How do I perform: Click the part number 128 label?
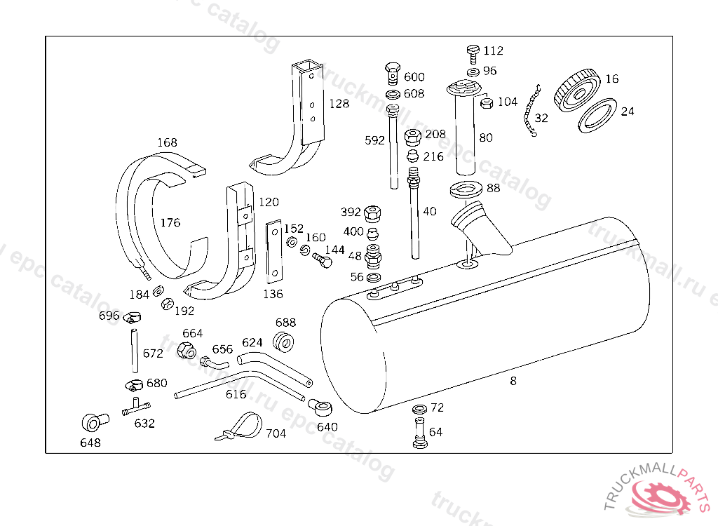click(339, 104)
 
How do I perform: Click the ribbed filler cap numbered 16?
click(576, 90)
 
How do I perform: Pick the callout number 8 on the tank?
click(513, 381)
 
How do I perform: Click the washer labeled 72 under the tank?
click(419, 409)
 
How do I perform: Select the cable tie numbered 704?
click(238, 427)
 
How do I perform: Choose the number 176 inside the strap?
click(170, 223)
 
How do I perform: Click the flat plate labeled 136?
click(273, 250)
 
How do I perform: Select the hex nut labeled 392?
click(374, 211)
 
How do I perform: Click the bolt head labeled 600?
click(393, 71)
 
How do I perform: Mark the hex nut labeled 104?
click(485, 104)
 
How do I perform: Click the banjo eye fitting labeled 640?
click(321, 407)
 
